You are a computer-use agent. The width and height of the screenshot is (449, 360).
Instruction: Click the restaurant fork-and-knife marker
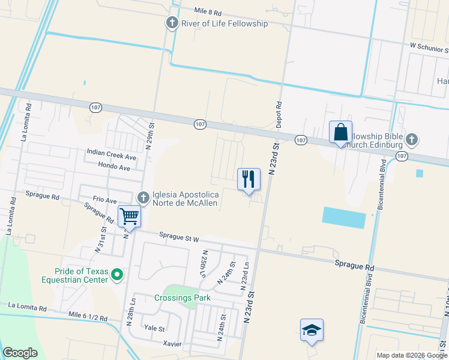(249, 179)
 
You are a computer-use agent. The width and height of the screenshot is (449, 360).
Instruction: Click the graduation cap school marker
(312, 330)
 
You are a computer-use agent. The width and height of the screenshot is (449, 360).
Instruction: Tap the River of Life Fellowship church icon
(172, 23)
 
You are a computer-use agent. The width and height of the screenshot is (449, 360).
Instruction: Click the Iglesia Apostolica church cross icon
(143, 197)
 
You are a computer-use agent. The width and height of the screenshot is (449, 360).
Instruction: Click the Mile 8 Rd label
(208, 11)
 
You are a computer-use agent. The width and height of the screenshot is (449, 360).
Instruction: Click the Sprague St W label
(179, 238)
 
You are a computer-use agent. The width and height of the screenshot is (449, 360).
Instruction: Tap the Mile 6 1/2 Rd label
(88, 317)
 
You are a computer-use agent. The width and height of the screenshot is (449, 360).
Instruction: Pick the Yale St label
(154, 328)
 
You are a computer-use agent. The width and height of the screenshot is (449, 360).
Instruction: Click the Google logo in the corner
(20, 352)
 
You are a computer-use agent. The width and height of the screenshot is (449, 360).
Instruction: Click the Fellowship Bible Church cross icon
(411, 140)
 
